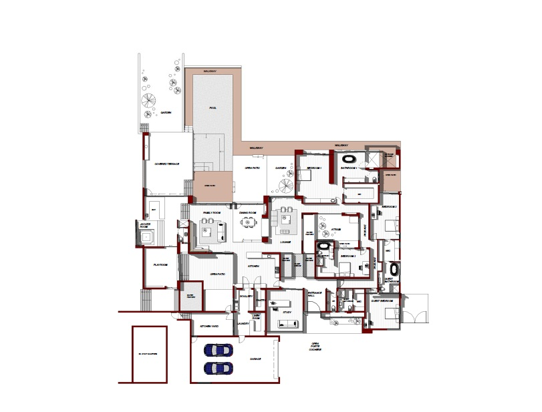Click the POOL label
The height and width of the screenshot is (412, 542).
click(x=213, y=108)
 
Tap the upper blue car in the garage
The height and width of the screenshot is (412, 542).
click(x=219, y=349)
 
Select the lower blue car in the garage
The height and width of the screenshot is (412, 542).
click(x=219, y=367)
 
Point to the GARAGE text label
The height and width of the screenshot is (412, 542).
click(x=255, y=359)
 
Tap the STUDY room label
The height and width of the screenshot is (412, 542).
click(x=288, y=312)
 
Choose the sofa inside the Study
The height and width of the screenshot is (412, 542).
click(x=288, y=325)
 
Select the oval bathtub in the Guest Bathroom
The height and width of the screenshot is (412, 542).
click(x=394, y=270)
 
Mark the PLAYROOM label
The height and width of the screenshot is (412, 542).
click(x=160, y=265)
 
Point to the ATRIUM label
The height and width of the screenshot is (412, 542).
click(x=336, y=229)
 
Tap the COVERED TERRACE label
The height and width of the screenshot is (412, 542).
click(x=168, y=164)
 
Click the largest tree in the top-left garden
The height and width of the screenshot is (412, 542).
click(x=148, y=101)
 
